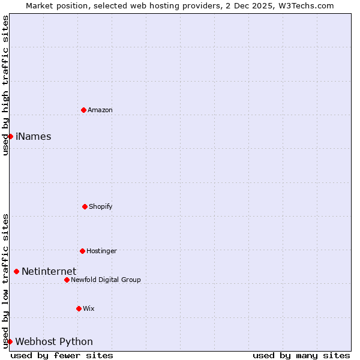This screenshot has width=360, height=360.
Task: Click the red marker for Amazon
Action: [83, 110]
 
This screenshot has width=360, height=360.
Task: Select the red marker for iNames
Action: [10, 136]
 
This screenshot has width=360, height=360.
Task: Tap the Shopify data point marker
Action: [85, 206]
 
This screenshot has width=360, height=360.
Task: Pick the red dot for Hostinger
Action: [82, 251]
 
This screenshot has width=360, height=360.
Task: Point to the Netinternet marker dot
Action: [16, 271]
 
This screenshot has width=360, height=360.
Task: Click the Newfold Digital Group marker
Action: [67, 280]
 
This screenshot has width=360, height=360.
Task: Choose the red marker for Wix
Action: [79, 308]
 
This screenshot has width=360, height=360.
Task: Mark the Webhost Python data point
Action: [10, 341]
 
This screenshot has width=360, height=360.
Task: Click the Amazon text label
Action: [100, 110]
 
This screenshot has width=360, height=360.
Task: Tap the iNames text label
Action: [34, 136]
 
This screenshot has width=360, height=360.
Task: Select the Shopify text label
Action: [101, 206]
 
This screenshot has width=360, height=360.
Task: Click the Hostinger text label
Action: [101, 251]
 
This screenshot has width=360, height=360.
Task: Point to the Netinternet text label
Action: [49, 271]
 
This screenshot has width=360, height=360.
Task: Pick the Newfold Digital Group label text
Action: [106, 280]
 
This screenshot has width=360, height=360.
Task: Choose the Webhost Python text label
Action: [54, 341]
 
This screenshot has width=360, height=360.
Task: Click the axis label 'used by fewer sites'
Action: [62, 355]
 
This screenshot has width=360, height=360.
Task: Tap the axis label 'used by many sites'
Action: [301, 355]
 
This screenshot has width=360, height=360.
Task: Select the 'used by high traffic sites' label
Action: [5, 85]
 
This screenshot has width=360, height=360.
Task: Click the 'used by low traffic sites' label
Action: [5, 281]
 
